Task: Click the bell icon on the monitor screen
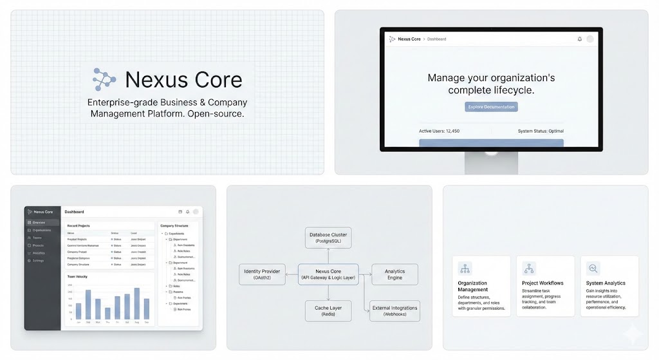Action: coord(579,39)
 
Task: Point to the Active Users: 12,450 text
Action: coord(439,131)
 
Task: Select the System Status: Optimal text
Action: coord(541,131)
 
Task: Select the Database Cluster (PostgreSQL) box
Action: coord(328,238)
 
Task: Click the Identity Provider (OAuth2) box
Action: coord(262,274)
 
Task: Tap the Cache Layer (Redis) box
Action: coord(328,311)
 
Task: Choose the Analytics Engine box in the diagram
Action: coord(394,274)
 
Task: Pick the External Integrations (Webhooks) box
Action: coord(394,311)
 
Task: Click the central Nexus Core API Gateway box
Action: coord(328,274)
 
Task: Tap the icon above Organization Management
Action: coord(465,268)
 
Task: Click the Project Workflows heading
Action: coord(543,283)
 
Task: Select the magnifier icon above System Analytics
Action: coord(593,268)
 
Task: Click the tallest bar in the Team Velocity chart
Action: coord(136,303)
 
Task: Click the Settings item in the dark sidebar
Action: coord(39,260)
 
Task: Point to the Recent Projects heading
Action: coord(79,226)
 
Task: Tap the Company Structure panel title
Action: coord(174,226)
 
